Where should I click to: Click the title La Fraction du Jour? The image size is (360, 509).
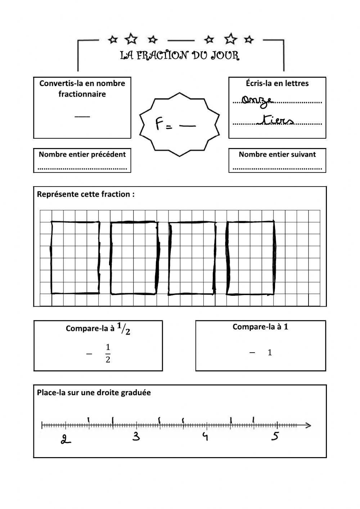[x=180, y=55]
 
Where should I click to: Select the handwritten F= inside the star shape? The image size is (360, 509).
[x=164, y=125]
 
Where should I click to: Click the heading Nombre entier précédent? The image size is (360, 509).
[x=82, y=155]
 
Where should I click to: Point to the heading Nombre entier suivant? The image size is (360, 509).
[x=277, y=155]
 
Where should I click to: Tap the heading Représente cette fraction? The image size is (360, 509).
[x=86, y=195]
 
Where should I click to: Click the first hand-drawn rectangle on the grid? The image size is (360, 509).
[x=75, y=258]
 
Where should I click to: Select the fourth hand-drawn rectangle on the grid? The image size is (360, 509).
[x=250, y=258]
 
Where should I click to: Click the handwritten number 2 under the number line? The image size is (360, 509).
[x=65, y=439]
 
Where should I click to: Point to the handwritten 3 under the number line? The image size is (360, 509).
[x=136, y=437]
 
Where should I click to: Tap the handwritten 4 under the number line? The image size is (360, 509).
[x=205, y=437]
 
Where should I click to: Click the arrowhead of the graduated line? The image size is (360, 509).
[x=309, y=425]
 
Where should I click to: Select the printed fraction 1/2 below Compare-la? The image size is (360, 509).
[x=108, y=353]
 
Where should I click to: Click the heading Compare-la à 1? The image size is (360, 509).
[x=260, y=327]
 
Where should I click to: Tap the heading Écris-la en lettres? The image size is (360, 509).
[x=277, y=83]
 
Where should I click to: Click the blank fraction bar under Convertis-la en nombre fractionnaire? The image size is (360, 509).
[x=82, y=116]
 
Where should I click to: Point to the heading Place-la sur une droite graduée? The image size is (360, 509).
[x=94, y=393]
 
